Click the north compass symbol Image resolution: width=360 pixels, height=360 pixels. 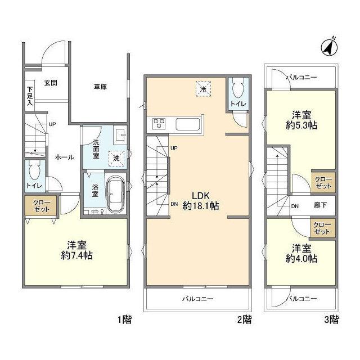click(x=329, y=48)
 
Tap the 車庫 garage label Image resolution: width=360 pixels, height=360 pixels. click(x=100, y=87)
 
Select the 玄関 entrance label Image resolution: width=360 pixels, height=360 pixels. click(x=51, y=83)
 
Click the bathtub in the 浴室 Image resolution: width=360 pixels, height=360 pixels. click(x=116, y=193)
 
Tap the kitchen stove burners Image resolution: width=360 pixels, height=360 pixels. click(x=159, y=124)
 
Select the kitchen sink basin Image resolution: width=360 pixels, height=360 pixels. click(x=187, y=124)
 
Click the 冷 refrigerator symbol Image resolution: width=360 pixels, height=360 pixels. click(x=203, y=89)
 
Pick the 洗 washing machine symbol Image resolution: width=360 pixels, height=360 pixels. click(x=116, y=159)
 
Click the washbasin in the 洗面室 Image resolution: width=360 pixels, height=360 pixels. click(x=120, y=134)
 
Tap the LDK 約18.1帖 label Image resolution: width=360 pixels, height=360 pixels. click(x=200, y=201)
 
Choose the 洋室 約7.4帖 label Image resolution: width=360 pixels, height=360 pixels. click(x=76, y=250)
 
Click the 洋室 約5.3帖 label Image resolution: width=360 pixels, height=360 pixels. click(x=301, y=120)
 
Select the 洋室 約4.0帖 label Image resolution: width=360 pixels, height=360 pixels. click(x=301, y=254)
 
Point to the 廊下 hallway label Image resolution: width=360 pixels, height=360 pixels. click(x=320, y=205)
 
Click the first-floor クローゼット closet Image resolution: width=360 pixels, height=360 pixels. click(x=41, y=206)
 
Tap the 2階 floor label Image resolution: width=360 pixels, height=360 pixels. click(x=245, y=319)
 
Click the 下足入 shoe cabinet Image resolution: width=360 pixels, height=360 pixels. click(x=30, y=96)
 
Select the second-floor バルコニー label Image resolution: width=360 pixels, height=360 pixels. click(x=197, y=299)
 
